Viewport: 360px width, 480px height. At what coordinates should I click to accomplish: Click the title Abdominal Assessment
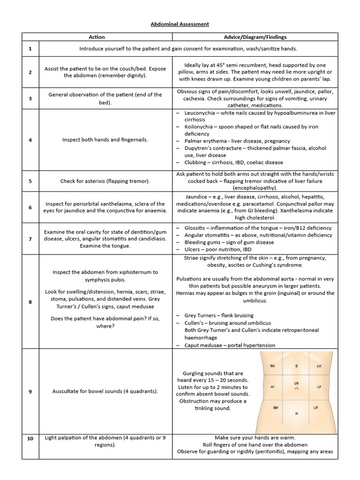pos(180,23)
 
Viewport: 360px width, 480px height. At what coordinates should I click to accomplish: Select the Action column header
pos(97,37)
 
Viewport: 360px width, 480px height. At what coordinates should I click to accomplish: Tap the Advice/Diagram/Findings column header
pos(255,37)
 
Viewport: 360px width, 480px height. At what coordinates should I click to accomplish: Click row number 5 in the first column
pos(30,181)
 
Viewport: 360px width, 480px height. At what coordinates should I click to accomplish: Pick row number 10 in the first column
pos(30,438)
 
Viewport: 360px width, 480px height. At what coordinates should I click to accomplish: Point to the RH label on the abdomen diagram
pos(272,366)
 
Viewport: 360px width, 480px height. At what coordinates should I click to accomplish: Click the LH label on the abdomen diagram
pos(319,366)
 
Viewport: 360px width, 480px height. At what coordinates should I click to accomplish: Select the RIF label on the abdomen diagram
pos(276,408)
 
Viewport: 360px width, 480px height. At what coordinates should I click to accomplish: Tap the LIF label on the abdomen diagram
pos(316,408)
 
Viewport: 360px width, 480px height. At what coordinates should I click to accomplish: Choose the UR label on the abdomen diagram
pos(296,383)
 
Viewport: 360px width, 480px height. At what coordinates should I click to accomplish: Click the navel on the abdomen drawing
pos(296,389)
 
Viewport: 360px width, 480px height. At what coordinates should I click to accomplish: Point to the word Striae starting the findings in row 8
pos(185,258)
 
